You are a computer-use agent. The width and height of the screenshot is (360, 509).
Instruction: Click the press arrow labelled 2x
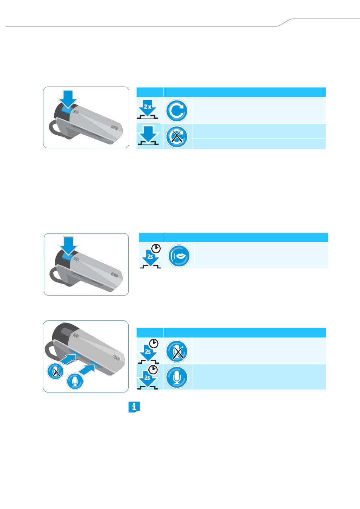coord(148,108)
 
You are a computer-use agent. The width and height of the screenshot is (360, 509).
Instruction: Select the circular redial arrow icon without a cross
coord(177,111)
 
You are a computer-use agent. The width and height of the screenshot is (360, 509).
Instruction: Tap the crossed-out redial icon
coord(177,137)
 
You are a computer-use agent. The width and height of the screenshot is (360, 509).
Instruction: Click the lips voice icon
coord(179,256)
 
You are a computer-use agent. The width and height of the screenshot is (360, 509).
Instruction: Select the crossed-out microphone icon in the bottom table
coord(177,351)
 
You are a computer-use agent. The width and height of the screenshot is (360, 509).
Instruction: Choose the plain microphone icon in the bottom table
coord(177,377)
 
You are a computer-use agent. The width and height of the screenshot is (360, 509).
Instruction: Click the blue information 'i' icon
coord(134,407)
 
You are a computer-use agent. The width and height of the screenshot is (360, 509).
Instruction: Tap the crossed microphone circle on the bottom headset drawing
coord(55,371)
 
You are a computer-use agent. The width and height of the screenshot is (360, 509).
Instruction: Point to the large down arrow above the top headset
coord(68,99)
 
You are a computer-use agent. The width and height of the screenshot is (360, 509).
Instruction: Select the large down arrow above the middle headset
coord(68,246)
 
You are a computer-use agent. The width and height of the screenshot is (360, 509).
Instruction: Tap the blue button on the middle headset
coord(68,257)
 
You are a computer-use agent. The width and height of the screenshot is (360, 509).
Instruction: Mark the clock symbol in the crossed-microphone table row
coord(154,343)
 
